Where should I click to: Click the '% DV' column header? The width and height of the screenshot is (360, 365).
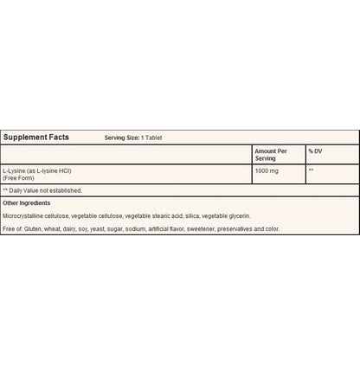315,151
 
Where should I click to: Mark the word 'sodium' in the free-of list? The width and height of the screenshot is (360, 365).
139,228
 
